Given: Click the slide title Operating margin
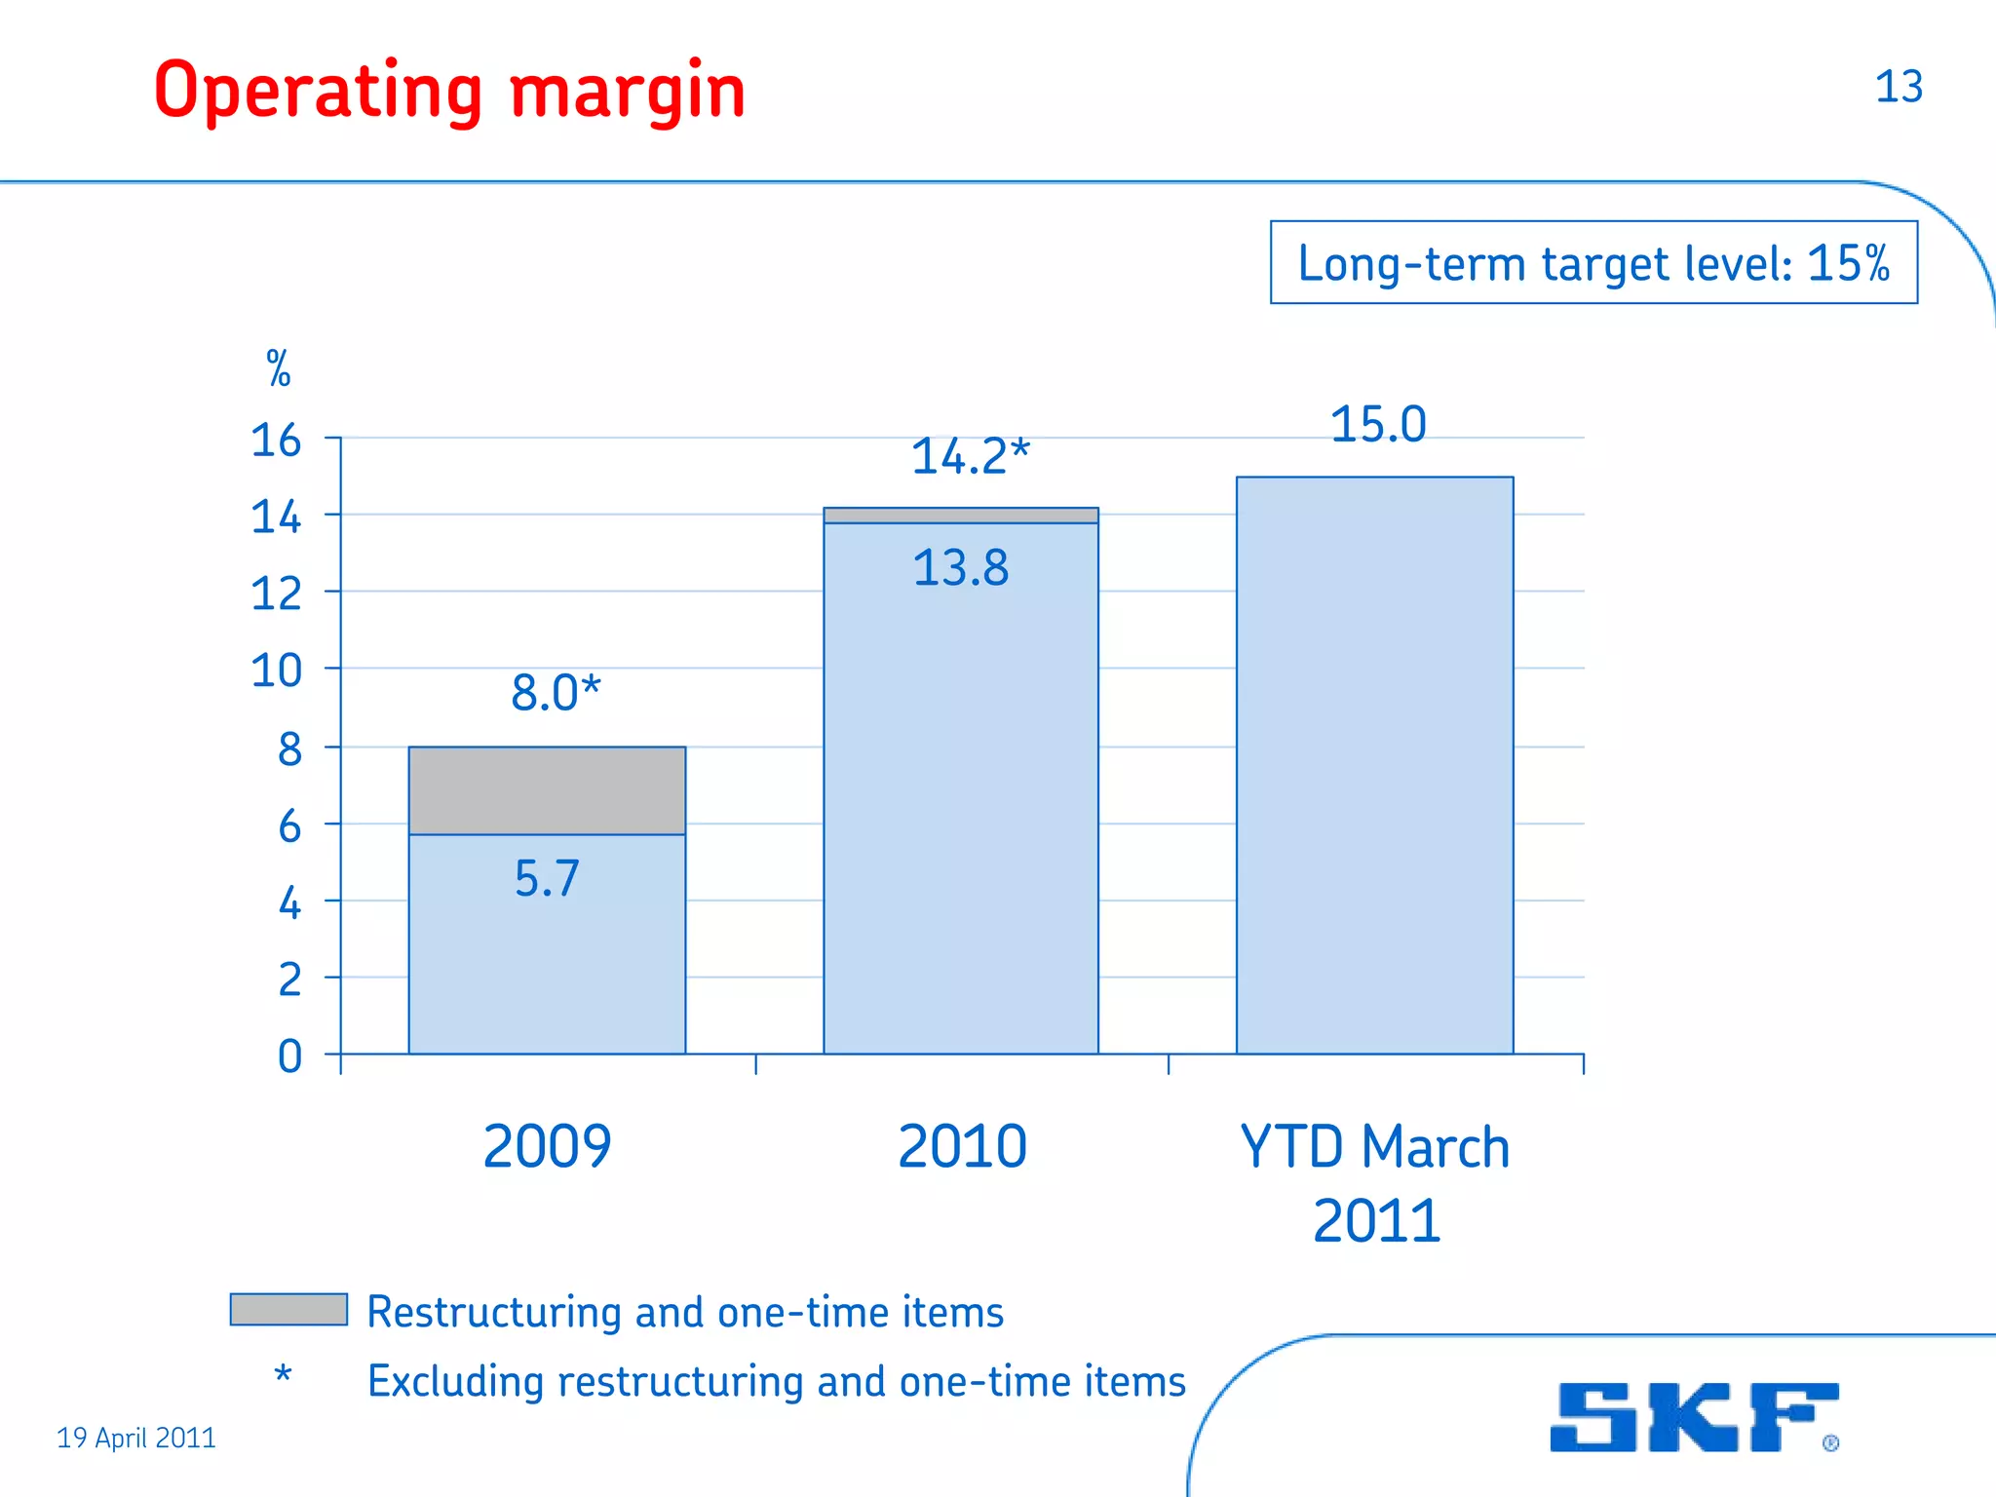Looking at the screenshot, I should click(x=449, y=91).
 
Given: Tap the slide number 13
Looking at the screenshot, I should click(x=1899, y=87).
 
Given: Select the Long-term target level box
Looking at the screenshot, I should click(x=1593, y=263).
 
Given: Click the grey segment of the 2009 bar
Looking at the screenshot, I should click(x=547, y=790).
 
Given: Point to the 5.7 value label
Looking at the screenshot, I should click(x=547, y=878).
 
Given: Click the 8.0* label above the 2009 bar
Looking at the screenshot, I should click(x=556, y=693).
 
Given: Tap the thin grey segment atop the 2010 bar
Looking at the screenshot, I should click(x=961, y=516).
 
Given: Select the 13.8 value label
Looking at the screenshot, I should click(x=961, y=567).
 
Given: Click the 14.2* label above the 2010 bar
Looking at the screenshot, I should click(x=970, y=456).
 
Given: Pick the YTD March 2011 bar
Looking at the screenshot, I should click(x=1374, y=765).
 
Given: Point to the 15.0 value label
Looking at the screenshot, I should click(x=1378, y=425).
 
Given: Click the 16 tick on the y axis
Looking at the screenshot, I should click(x=276, y=441).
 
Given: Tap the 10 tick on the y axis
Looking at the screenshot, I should click(x=276, y=671).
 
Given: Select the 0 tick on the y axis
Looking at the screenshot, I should click(x=289, y=1056).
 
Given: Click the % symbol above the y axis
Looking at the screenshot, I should click(x=279, y=369).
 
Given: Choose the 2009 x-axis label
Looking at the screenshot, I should click(x=547, y=1146).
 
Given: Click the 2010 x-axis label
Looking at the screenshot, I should click(x=962, y=1146).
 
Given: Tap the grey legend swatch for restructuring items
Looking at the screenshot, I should click(x=288, y=1309).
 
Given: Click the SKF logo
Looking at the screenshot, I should click(x=1694, y=1417).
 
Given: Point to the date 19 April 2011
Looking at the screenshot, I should click(x=136, y=1438).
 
